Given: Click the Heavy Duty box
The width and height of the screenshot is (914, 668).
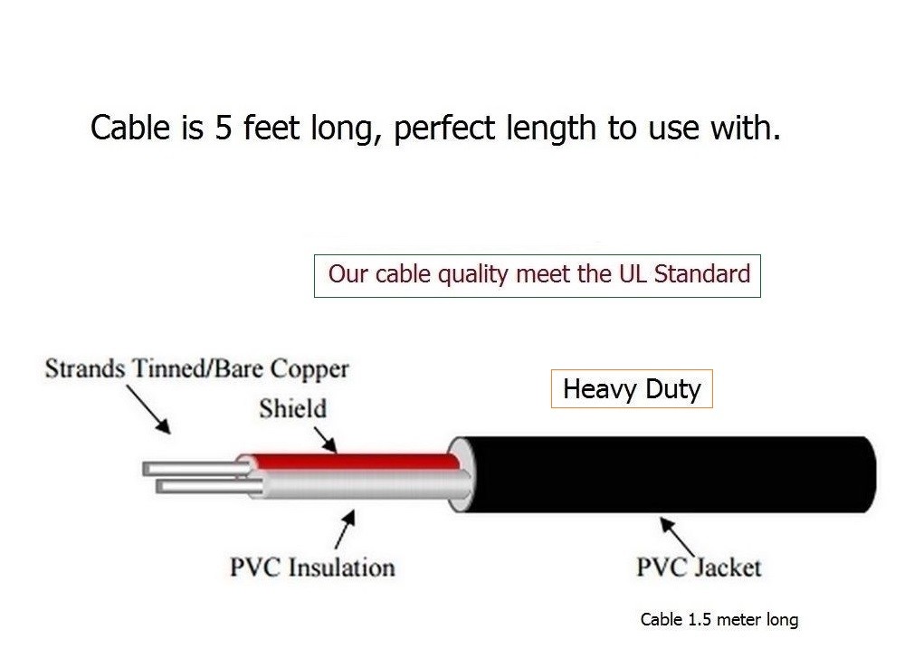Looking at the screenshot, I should [x=632, y=389].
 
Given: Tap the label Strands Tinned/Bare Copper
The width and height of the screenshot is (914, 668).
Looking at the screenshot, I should [x=196, y=369].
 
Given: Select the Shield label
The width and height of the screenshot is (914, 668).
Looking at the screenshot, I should [x=292, y=408].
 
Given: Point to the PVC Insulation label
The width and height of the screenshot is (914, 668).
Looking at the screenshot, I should [x=312, y=568].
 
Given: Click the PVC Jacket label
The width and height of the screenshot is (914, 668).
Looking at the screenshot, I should [x=698, y=568].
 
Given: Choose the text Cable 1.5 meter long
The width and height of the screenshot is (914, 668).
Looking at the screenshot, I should [x=719, y=620].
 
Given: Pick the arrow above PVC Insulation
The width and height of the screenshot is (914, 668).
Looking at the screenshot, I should [x=345, y=530].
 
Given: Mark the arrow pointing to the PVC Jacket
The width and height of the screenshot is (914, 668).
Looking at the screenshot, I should [x=677, y=536].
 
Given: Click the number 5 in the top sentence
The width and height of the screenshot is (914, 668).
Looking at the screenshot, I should [x=223, y=128].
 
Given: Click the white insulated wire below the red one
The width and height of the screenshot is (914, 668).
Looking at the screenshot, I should [x=362, y=486].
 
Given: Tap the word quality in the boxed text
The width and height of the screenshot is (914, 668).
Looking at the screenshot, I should [x=475, y=274].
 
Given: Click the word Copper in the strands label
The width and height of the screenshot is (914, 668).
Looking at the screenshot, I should [x=309, y=369].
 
